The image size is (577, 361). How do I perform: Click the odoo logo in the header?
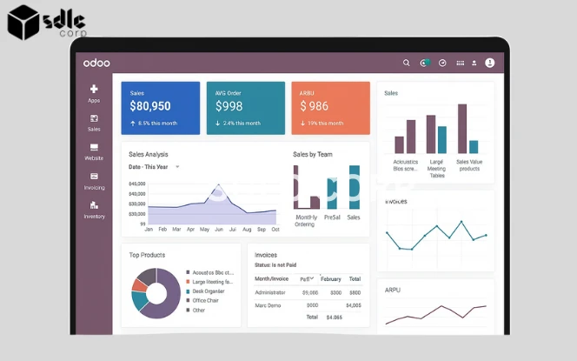pyautogui.click(x=96, y=63)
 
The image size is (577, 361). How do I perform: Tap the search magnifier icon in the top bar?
pyautogui.click(x=406, y=63)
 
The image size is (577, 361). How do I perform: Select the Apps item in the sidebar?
pyautogui.click(x=94, y=93)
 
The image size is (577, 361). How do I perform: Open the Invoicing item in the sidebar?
pyautogui.click(x=94, y=181)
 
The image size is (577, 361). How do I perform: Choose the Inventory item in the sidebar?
pyautogui.click(x=94, y=210)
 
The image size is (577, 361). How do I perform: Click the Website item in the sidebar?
pyautogui.click(x=94, y=151)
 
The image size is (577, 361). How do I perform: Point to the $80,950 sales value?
pyautogui.click(x=150, y=106)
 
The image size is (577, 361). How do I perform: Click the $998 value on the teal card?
pyautogui.click(x=229, y=106)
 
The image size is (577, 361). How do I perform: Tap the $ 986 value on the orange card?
pyautogui.click(x=315, y=106)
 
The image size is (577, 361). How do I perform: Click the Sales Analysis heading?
pyautogui.click(x=149, y=154)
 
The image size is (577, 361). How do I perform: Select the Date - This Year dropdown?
pyautogui.click(x=154, y=166)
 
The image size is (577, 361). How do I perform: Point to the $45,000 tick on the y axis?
pyautogui.click(x=137, y=184)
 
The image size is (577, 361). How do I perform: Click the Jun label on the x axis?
pyautogui.click(x=219, y=230)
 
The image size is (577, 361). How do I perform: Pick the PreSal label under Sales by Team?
pyautogui.click(x=332, y=217)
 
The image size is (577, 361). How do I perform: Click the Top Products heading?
pyautogui.click(x=147, y=255)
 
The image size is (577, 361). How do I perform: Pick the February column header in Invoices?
pyautogui.click(x=331, y=278)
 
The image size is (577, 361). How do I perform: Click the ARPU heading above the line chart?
pyautogui.click(x=393, y=290)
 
